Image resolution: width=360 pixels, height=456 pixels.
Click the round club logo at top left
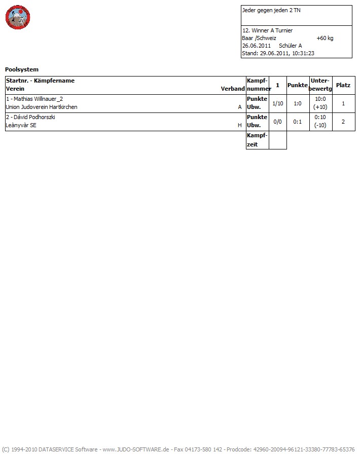click(x=18, y=18)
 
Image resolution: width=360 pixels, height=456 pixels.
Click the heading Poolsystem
click(x=22, y=69)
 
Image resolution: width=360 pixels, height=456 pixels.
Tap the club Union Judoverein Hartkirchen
click(x=42, y=107)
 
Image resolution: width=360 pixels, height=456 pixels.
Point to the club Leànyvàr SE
click(x=21, y=126)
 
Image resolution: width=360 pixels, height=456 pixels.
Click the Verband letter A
click(x=240, y=107)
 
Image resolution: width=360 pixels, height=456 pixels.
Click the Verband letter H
click(x=240, y=126)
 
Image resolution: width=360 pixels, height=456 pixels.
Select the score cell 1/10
click(x=278, y=103)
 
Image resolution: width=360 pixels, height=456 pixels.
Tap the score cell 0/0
click(x=278, y=122)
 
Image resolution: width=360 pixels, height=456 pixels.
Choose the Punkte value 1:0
click(x=298, y=103)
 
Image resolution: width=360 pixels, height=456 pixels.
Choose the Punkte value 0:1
click(x=298, y=122)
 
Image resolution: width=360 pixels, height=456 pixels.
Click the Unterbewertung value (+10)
click(x=320, y=107)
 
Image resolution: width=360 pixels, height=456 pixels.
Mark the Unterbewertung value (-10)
click(x=320, y=125)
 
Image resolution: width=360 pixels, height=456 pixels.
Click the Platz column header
click(x=343, y=85)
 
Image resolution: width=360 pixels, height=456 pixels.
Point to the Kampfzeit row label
click(x=257, y=140)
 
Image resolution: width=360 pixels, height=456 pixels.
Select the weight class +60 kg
click(x=325, y=38)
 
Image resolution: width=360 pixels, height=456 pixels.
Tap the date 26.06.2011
click(x=256, y=46)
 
